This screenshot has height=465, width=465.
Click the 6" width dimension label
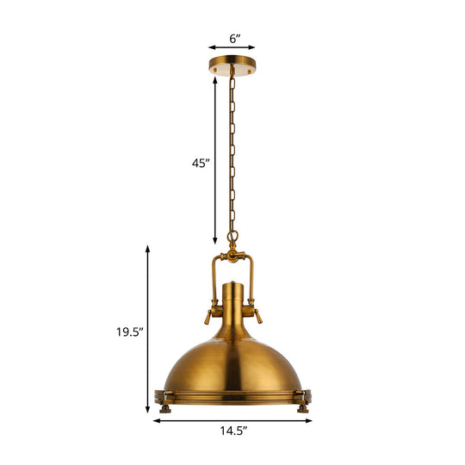point(233,39)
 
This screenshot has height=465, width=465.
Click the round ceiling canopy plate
point(233,65)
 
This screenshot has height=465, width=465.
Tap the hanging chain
point(232,155)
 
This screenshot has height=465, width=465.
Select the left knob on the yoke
point(209,316)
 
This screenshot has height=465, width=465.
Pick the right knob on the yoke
point(256,316)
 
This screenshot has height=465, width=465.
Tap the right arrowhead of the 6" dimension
point(256,49)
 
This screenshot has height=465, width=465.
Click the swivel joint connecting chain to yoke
point(232,255)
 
